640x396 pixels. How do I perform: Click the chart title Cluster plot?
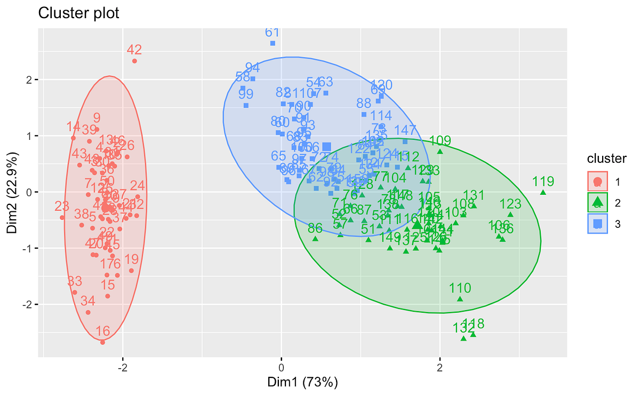[x=79, y=13]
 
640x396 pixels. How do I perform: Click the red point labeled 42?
[x=134, y=61]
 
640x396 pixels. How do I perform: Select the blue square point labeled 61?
[x=273, y=43]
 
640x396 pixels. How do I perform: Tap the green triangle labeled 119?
[x=543, y=192]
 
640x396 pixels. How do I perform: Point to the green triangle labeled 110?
[x=460, y=299]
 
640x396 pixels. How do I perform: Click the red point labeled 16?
[x=102, y=342]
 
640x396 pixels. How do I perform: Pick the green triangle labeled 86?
[x=315, y=239]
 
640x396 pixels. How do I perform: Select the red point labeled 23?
[x=62, y=217]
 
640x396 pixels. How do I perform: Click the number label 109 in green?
[x=440, y=141]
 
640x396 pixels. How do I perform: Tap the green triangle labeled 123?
[x=510, y=215]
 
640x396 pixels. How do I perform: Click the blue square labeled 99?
[x=246, y=105]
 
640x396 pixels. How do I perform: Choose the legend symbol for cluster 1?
[x=598, y=181]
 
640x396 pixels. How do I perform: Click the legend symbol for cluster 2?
[x=598, y=202]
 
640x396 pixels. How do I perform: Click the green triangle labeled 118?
[x=473, y=334]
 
